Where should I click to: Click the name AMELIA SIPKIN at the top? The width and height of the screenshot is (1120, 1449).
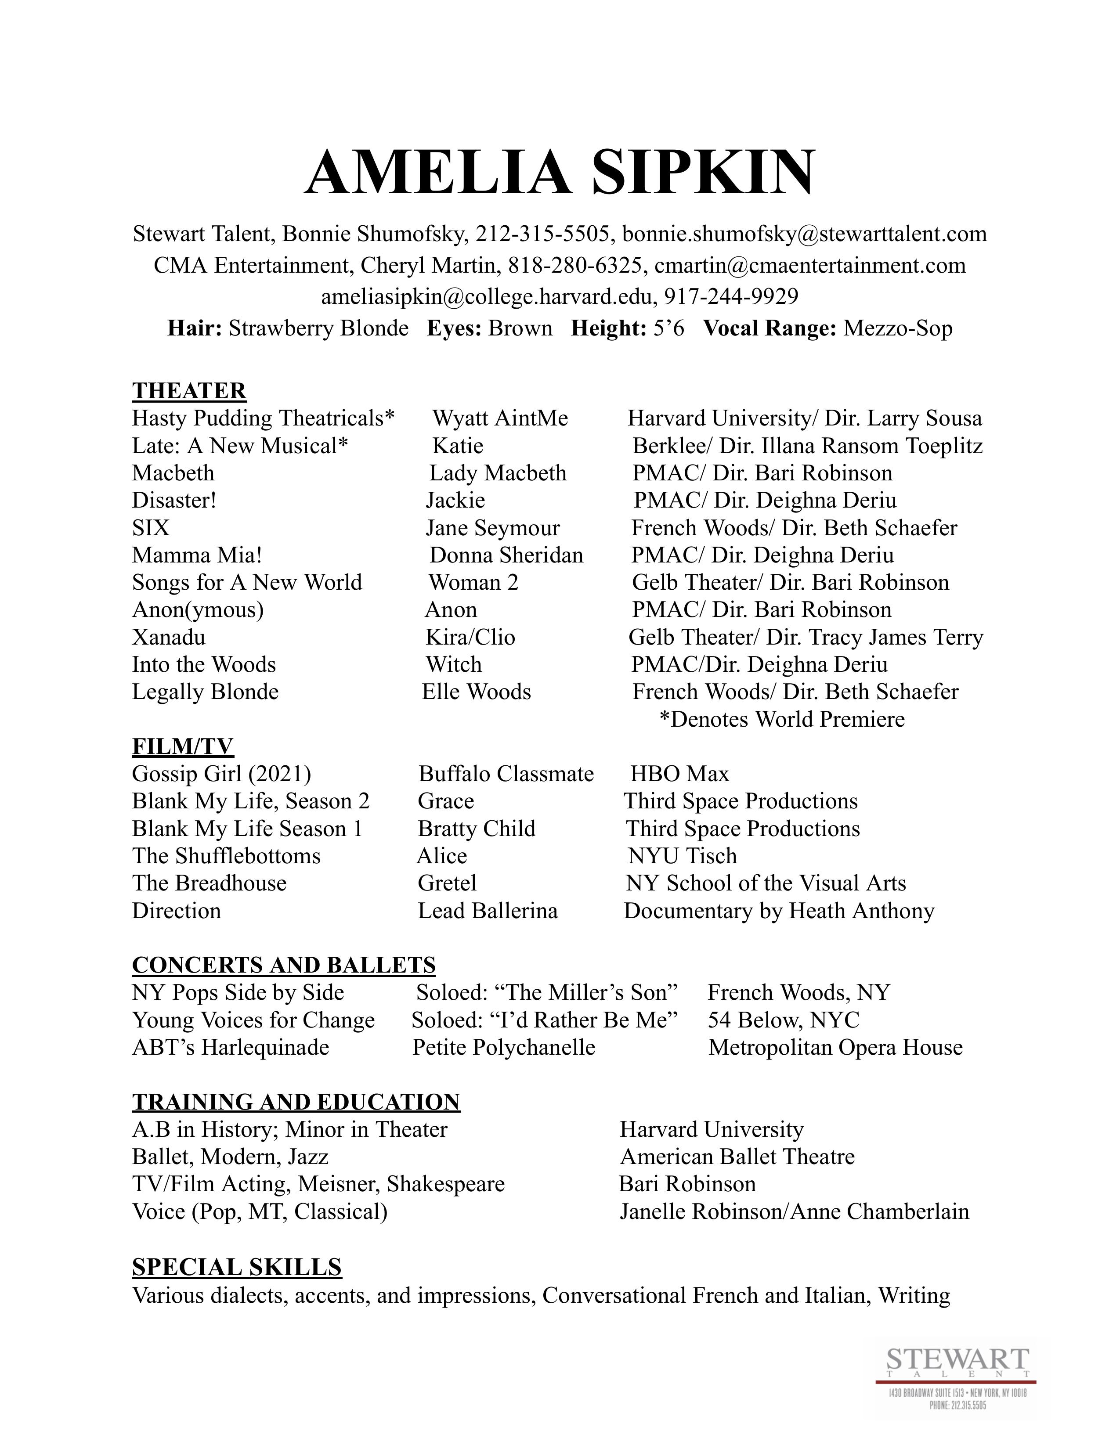point(559,173)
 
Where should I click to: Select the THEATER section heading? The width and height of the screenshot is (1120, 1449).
point(189,391)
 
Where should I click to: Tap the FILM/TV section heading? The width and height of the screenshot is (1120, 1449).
point(182,746)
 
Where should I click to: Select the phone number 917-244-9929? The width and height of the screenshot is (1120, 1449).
point(731,296)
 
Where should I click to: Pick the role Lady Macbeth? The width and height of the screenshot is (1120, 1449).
point(498,473)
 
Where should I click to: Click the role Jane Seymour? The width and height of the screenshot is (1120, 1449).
point(492,528)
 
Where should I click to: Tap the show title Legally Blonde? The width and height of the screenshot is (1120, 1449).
point(205,692)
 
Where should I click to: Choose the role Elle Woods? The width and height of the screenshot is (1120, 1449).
point(477,692)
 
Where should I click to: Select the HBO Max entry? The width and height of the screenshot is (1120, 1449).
point(679,774)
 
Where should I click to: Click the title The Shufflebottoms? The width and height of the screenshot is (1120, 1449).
point(226,857)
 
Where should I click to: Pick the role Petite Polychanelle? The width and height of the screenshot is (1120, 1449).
point(504,1048)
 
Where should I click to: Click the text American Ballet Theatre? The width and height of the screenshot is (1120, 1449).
point(737,1157)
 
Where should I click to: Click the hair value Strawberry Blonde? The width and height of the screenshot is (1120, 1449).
point(318,328)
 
